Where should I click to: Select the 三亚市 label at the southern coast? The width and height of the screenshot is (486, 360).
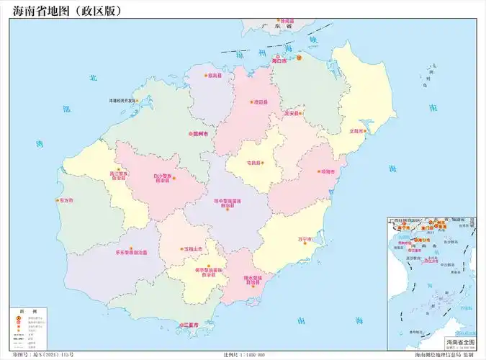(x=191, y=325)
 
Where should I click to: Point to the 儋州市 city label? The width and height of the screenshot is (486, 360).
(x=199, y=134)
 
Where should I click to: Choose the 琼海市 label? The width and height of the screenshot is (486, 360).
(x=328, y=172)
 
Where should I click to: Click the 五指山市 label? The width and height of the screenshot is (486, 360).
(x=193, y=249)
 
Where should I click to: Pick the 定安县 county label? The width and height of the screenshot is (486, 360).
(x=291, y=114)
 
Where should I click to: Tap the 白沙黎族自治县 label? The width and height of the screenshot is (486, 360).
(x=162, y=178)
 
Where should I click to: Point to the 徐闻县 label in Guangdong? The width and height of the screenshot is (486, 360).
(x=287, y=22)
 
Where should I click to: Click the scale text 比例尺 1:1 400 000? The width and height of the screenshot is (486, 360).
(x=245, y=355)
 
